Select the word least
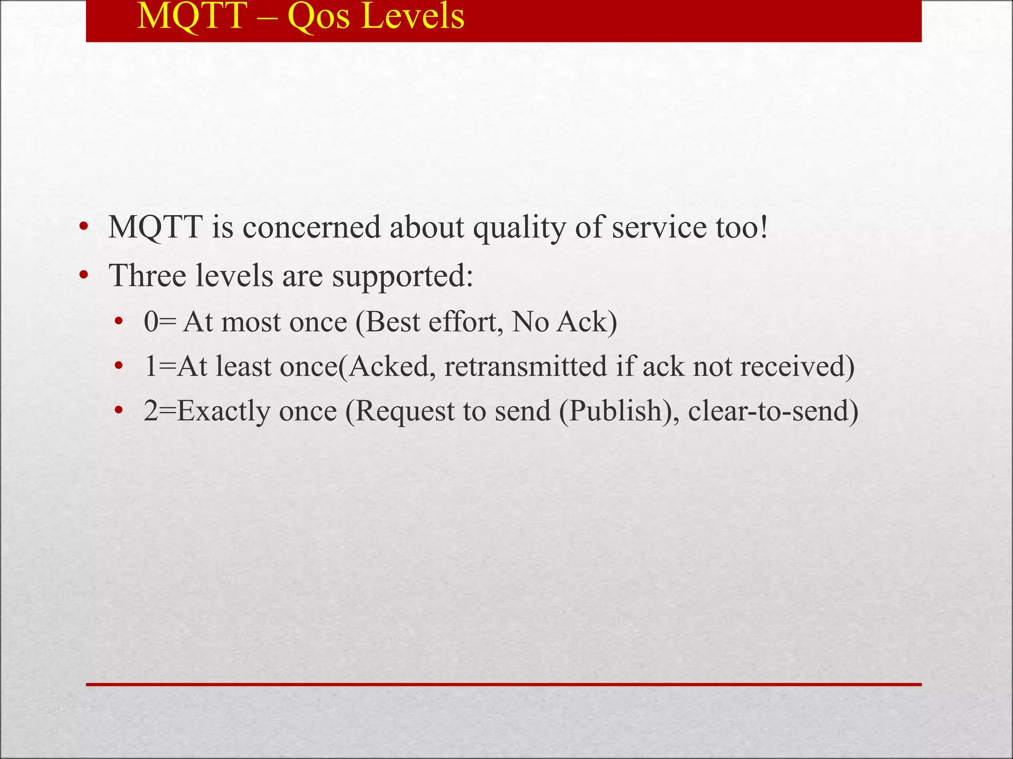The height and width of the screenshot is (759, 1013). [x=243, y=367]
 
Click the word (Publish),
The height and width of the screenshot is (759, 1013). [x=618, y=412]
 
